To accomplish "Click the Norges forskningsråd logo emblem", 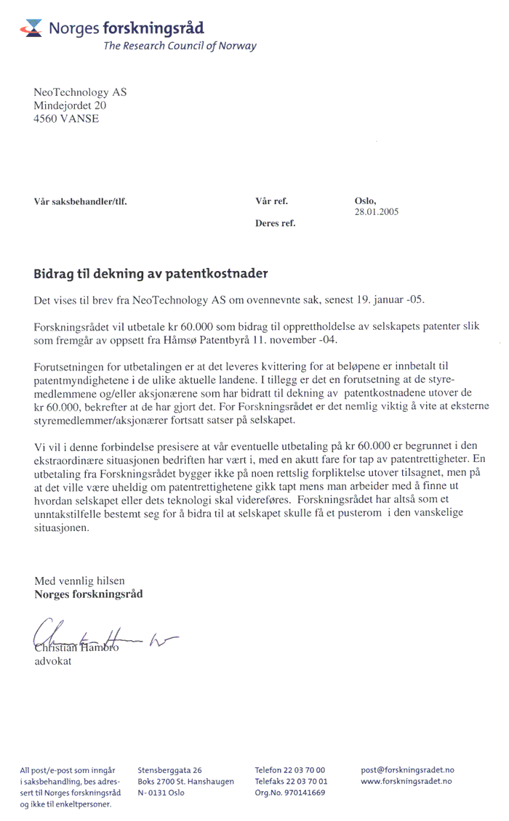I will [32, 28].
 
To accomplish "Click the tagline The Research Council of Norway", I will [180, 46].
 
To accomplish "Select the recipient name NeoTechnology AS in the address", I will [80, 92].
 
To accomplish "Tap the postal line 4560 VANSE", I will [67, 118].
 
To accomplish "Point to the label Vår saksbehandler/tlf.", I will [81, 201].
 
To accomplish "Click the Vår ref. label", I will [272, 201].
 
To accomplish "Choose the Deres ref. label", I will [275, 223].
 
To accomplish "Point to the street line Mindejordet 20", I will [71, 105].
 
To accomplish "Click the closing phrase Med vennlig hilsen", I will [80, 581].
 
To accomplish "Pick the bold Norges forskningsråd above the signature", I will [89, 594].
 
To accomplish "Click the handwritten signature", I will [102, 638].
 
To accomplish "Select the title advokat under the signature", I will [53, 662].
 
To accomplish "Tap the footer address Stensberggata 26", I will [169, 770].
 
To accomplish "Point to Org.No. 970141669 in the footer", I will [290, 793].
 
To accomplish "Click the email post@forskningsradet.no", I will [407, 770].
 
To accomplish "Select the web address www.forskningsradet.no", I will [406, 781].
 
